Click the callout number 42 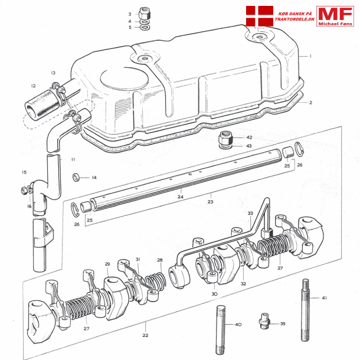point(249,138)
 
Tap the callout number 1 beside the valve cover point(310,56)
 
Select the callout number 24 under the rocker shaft point(181,197)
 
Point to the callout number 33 point(250,213)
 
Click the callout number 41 point(324,298)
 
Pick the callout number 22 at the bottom point(145,335)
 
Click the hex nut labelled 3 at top point(145,14)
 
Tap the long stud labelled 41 point(306,310)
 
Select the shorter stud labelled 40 point(221,330)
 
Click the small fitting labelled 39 point(265,320)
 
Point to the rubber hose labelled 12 point(41,103)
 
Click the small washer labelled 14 point(76,177)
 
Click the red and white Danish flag point(260,16)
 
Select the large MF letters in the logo point(335,14)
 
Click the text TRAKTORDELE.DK point(294,19)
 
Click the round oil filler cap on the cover point(124,78)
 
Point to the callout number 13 point(53,73)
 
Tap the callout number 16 point(29,206)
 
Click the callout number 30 point(214,294)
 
